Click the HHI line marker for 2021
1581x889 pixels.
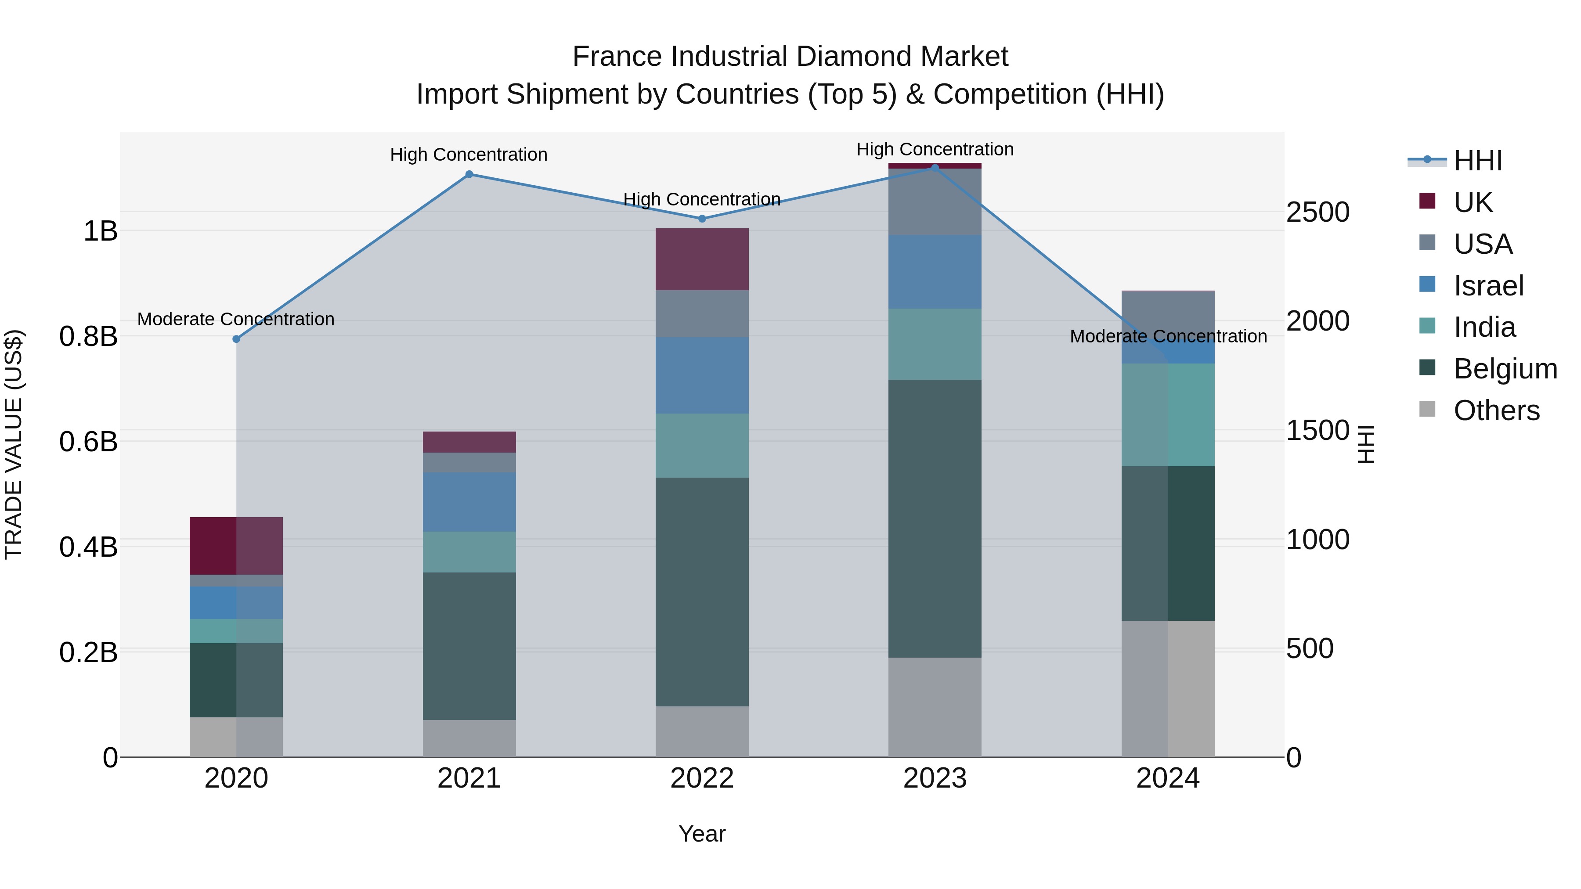coord(469,174)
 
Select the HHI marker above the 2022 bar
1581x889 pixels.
coord(702,219)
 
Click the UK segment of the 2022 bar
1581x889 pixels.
coord(702,259)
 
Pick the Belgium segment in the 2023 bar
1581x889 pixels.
coord(935,518)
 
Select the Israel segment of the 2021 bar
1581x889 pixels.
coord(469,502)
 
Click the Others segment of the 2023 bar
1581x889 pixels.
coord(935,707)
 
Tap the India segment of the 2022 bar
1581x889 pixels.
coord(702,446)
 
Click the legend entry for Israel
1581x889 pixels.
coord(1488,286)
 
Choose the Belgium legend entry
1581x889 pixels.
coord(1505,369)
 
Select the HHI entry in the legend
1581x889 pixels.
coord(1478,161)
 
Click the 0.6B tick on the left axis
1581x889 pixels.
coord(88,442)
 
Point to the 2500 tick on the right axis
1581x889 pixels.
coord(1317,212)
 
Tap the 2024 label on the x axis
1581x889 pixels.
coord(1167,778)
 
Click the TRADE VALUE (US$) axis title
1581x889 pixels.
coord(14,444)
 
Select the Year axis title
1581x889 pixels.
coord(702,834)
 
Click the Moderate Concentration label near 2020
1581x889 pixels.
coord(236,319)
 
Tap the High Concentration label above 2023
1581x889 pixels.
coord(935,149)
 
